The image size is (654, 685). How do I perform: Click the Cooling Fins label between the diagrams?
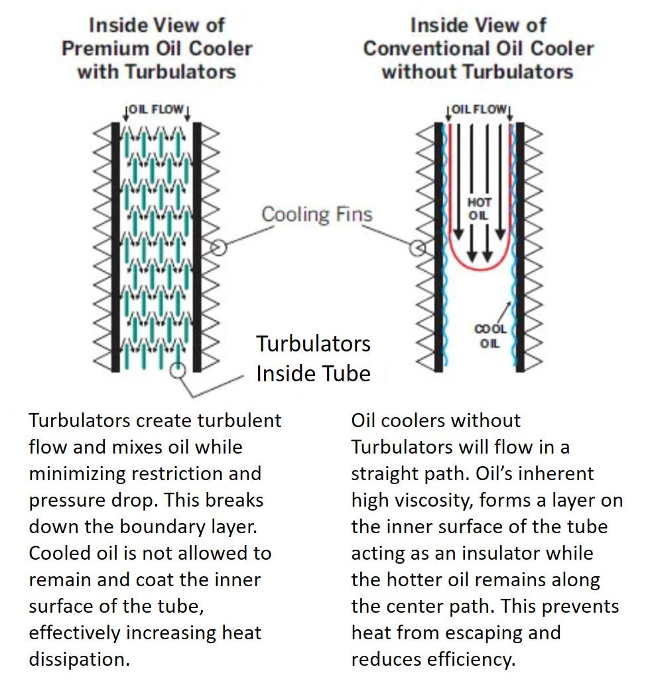(x=316, y=214)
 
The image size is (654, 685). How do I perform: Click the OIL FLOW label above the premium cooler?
(x=157, y=109)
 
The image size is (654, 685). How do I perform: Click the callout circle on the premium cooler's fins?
(x=218, y=248)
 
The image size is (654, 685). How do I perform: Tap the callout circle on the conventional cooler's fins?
(x=417, y=248)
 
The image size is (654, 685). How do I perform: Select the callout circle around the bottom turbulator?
(x=177, y=369)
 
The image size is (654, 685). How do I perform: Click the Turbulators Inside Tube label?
(x=313, y=358)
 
